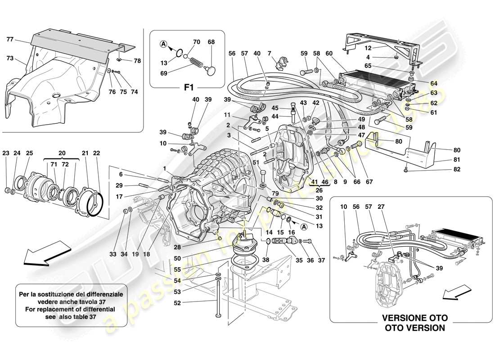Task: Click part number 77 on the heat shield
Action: [x=10, y=39]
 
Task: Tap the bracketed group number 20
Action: [x=62, y=152]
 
